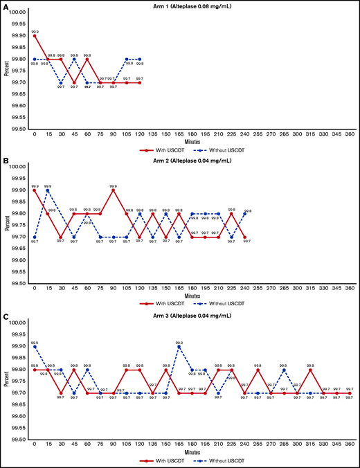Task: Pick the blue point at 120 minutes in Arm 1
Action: tap(140, 59)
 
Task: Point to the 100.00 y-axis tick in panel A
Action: tap(17, 12)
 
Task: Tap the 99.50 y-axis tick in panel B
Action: tap(17, 284)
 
